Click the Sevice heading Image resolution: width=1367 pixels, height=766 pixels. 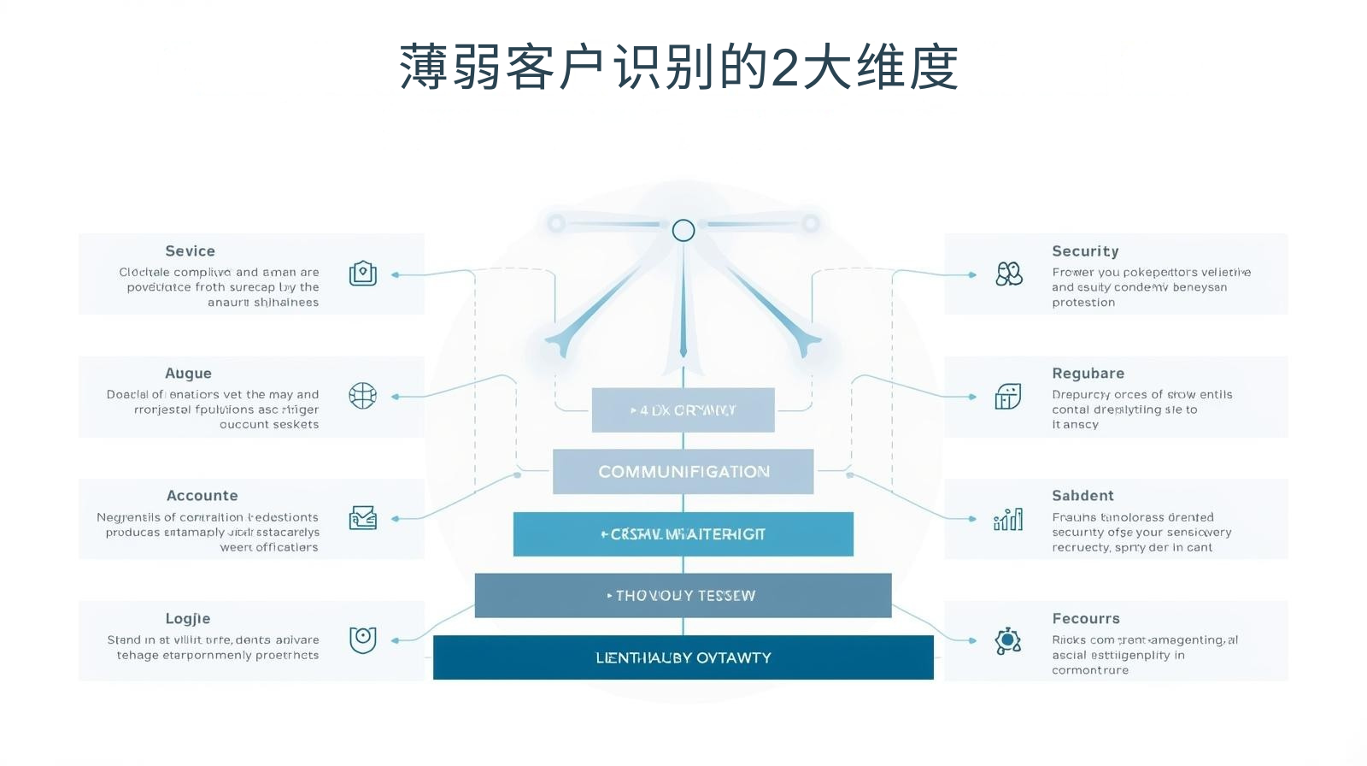[x=190, y=251]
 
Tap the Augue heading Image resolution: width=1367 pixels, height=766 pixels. [x=188, y=374]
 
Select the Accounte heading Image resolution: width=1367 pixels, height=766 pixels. [x=202, y=496]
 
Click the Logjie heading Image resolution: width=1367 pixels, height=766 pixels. [x=188, y=619]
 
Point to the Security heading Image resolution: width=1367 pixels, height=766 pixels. [x=1085, y=251]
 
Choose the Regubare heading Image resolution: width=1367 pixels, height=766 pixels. [x=1088, y=374]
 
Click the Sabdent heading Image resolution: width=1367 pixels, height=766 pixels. [x=1082, y=496]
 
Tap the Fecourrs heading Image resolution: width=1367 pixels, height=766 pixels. [x=1085, y=619]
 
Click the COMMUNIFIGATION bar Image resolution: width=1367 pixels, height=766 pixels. [x=683, y=472]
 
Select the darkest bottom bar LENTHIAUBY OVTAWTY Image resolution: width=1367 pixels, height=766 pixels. [x=683, y=657]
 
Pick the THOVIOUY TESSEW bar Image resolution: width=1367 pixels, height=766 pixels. [x=683, y=596]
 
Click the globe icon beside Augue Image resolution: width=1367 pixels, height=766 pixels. [x=363, y=396]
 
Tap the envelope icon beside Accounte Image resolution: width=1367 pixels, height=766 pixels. [x=363, y=518]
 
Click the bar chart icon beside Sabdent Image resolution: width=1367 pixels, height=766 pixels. [x=1008, y=519]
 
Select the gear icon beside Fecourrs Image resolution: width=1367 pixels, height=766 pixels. [x=1008, y=640]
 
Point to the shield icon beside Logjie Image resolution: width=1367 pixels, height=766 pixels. [x=363, y=639]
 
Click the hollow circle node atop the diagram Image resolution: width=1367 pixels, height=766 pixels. [x=683, y=230]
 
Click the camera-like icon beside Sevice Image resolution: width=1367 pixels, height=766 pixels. [x=363, y=274]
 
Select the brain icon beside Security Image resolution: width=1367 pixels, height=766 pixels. [x=1009, y=274]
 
